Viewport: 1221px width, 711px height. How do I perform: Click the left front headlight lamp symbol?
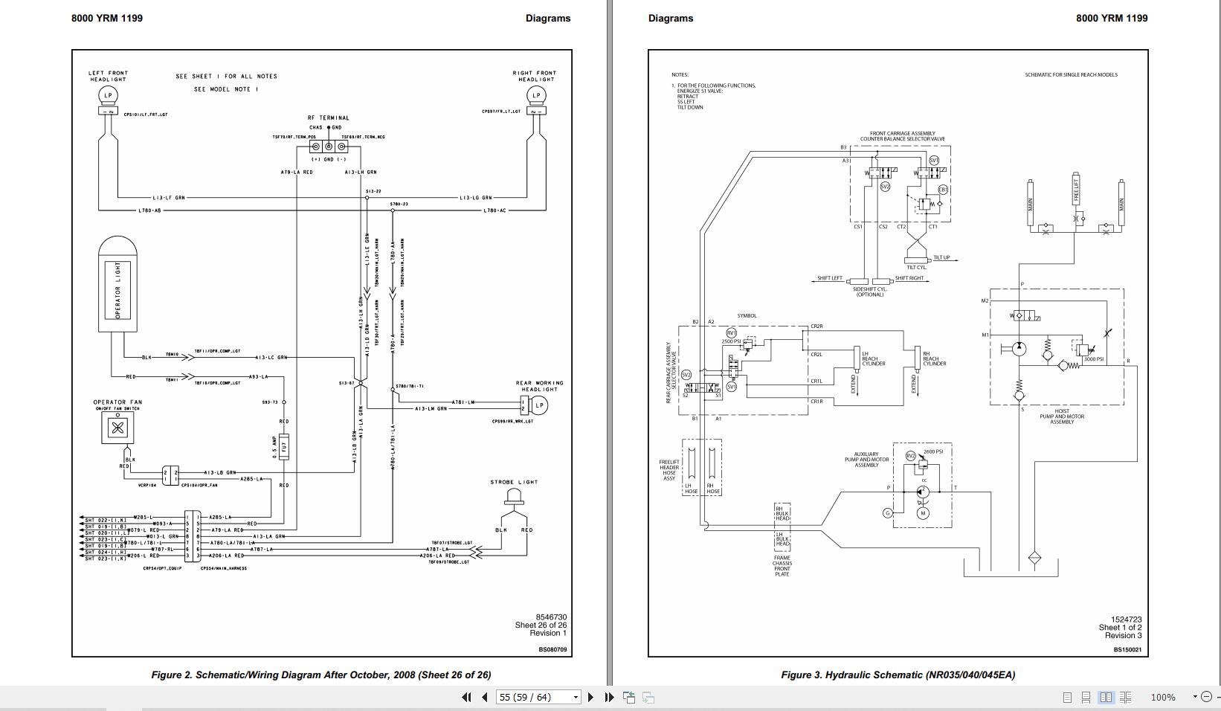click(109, 94)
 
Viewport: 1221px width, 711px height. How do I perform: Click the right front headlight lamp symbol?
click(535, 94)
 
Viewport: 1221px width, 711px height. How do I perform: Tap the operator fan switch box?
click(117, 427)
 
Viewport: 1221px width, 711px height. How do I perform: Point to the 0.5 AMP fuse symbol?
click(284, 448)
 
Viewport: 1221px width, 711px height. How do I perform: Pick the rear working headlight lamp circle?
click(540, 405)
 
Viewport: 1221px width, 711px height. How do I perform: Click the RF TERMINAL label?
click(328, 118)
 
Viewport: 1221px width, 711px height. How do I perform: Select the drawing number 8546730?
click(551, 617)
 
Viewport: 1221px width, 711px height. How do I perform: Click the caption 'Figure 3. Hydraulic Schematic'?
click(898, 675)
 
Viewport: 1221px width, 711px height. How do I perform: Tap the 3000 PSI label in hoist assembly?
click(1094, 359)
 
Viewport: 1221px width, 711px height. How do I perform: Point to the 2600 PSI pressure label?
click(933, 451)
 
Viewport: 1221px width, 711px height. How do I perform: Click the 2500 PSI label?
click(730, 341)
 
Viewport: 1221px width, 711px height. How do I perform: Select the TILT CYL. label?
click(916, 268)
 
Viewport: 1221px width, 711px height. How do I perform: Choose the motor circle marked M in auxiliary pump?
click(923, 513)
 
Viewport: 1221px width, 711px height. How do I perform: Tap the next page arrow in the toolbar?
click(591, 697)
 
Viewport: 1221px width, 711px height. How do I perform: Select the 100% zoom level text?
click(1163, 697)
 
